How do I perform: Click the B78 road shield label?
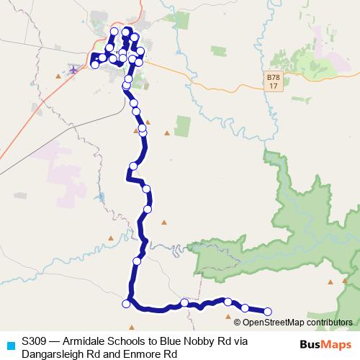click(x=271, y=77)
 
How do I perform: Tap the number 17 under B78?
click(x=271, y=86)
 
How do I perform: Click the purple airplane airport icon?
click(x=73, y=69)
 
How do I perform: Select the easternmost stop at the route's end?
click(x=268, y=312)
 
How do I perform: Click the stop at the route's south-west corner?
click(x=127, y=304)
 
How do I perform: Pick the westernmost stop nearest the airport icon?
click(x=94, y=65)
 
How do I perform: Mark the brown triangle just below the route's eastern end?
click(x=229, y=316)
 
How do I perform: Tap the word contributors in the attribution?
click(x=327, y=323)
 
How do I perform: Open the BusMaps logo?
click(x=325, y=344)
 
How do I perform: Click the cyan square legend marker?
click(x=9, y=344)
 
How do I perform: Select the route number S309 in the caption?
click(x=35, y=341)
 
